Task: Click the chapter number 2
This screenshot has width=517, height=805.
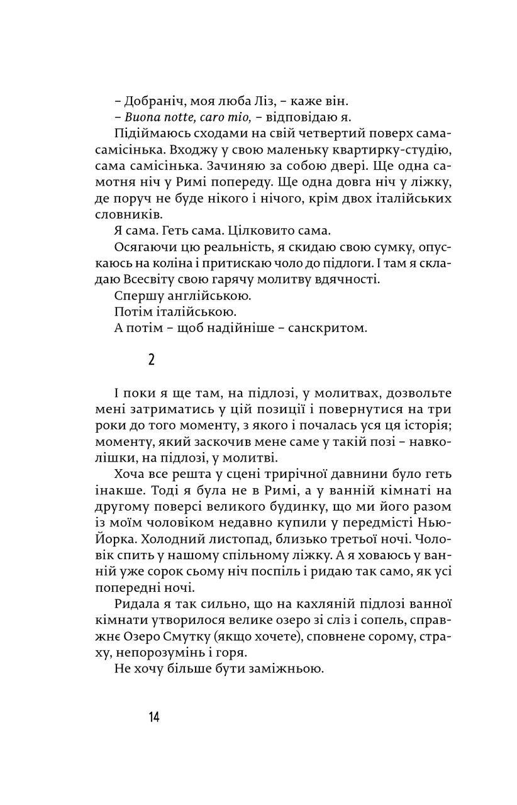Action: pos(151,360)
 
